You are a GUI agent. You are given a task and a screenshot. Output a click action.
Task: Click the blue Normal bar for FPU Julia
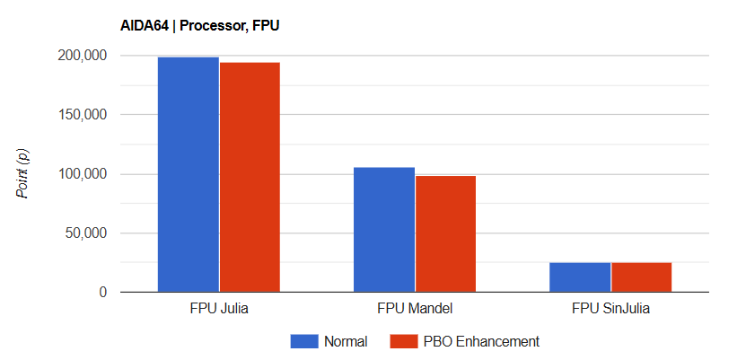point(188,174)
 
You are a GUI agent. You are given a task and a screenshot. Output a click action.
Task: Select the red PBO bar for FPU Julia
point(250,177)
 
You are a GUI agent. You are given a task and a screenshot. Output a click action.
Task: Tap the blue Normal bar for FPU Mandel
point(383,229)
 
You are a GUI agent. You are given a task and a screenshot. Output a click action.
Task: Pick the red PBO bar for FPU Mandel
point(445,233)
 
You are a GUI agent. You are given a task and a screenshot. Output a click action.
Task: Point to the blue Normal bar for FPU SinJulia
point(579,277)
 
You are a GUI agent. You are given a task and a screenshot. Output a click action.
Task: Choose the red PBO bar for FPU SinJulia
point(641,277)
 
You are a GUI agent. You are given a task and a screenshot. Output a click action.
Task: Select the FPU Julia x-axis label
point(219,310)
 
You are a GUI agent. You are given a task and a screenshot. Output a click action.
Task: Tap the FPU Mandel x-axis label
point(415,310)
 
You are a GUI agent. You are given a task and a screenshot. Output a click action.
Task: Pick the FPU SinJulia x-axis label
point(610,310)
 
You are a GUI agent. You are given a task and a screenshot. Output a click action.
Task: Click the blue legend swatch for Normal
point(303,341)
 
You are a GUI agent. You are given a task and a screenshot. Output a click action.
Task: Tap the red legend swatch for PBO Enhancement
point(403,341)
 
